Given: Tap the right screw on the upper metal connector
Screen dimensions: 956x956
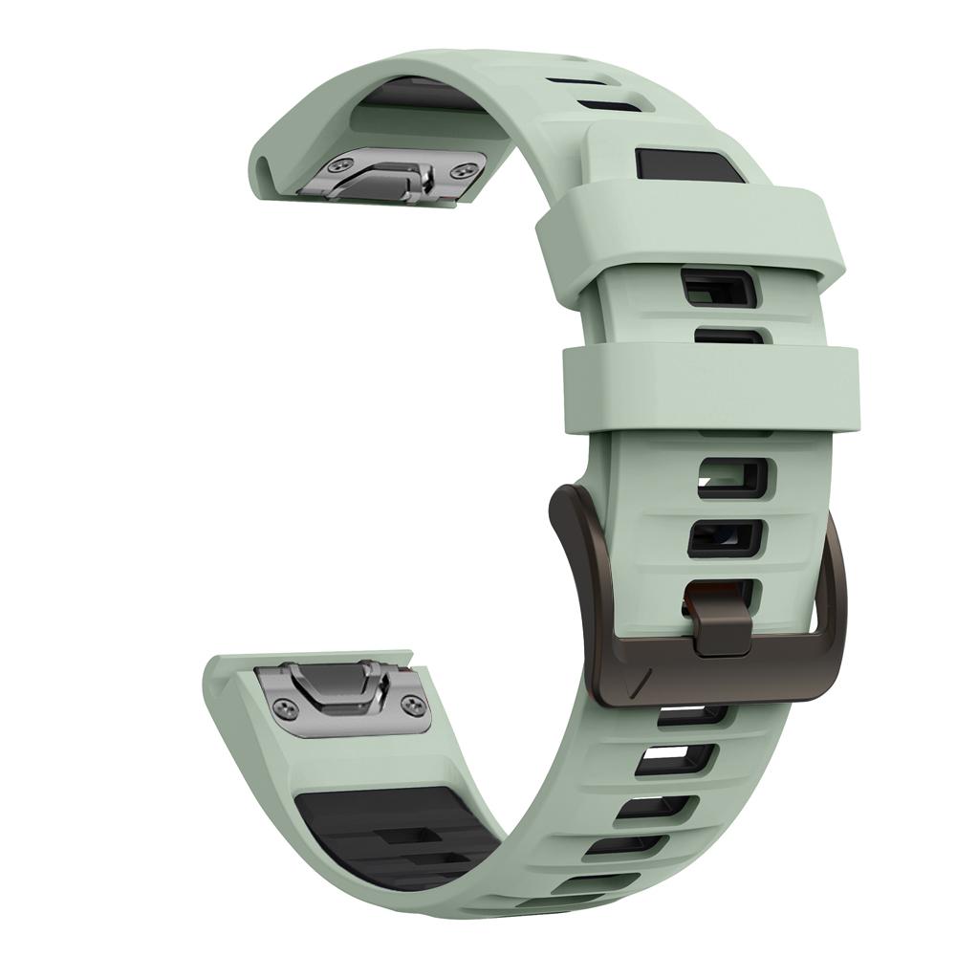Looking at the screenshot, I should coord(465,169).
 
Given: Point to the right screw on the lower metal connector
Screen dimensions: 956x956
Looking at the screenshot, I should coord(413,705).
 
